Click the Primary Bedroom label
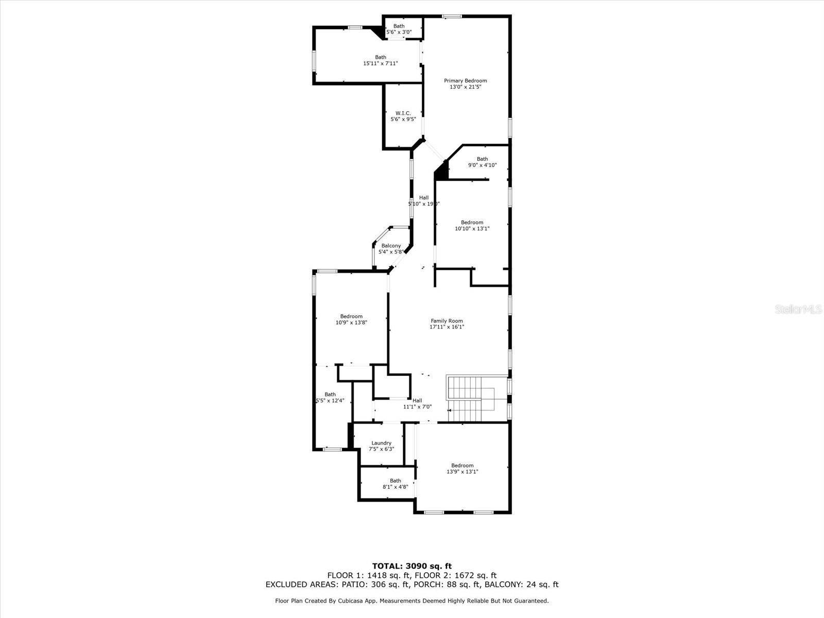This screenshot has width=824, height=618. point(466,81)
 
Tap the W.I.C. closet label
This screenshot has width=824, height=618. point(403,113)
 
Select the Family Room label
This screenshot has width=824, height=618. point(447,321)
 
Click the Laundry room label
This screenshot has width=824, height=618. point(381,443)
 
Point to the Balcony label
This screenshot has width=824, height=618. point(391,246)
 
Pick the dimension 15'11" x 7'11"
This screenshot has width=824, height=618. point(380,64)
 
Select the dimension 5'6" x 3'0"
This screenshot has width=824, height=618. point(399,32)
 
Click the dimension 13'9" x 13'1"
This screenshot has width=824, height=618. point(462,472)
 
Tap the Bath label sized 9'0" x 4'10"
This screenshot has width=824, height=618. point(482,159)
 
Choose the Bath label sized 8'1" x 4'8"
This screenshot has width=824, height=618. point(395,480)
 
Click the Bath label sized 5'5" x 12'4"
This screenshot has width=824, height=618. point(330,394)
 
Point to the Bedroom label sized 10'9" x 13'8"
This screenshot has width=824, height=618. point(351,316)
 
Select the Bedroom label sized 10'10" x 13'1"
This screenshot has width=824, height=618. point(472,222)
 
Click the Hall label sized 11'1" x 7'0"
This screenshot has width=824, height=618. point(417,401)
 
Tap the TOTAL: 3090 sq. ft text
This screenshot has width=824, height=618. point(411,566)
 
